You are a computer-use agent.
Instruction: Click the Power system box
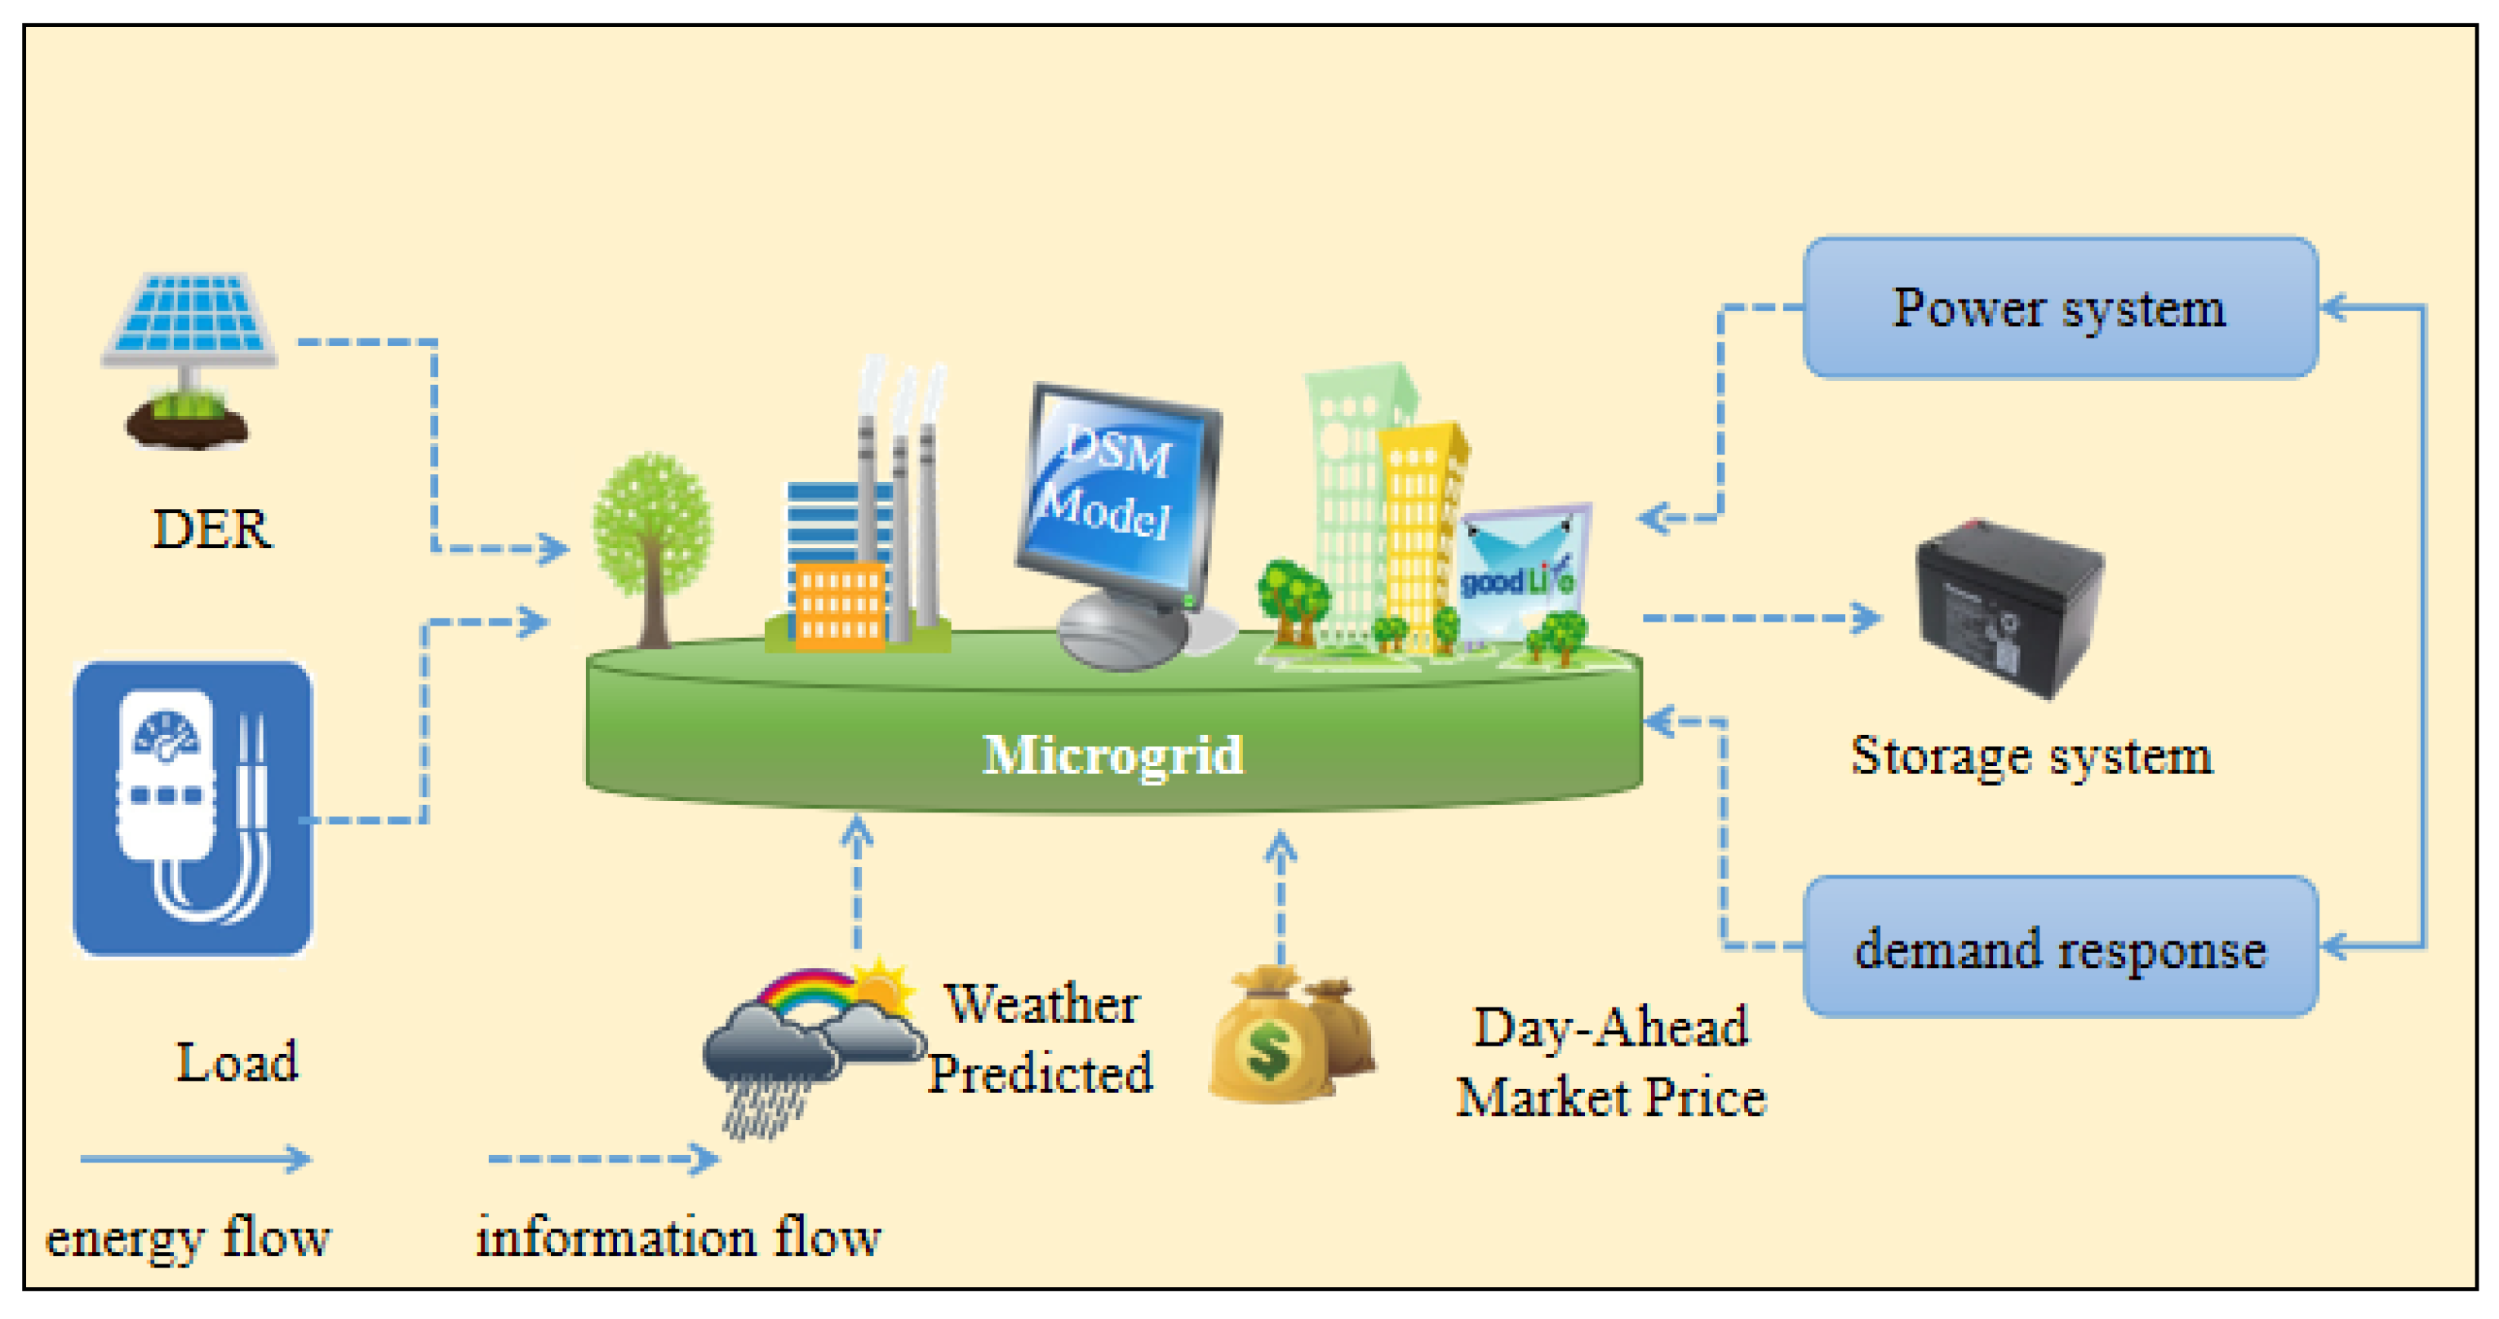click(2060, 308)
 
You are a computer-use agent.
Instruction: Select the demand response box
click(2060, 948)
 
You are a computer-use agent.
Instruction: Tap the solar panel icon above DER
click(190, 320)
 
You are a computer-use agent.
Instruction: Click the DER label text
click(212, 529)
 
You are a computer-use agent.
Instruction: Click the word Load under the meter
click(237, 1062)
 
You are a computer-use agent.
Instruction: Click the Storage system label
click(2031, 755)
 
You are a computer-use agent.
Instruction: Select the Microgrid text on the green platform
click(1112, 755)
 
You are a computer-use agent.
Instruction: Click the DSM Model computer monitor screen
click(1116, 485)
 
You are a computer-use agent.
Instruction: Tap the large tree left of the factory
click(652, 543)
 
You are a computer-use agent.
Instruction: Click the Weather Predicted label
click(1041, 1038)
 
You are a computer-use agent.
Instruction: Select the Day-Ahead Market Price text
click(1610, 1062)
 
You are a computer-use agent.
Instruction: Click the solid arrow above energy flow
click(194, 1158)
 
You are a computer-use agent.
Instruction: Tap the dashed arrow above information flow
click(601, 1158)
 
